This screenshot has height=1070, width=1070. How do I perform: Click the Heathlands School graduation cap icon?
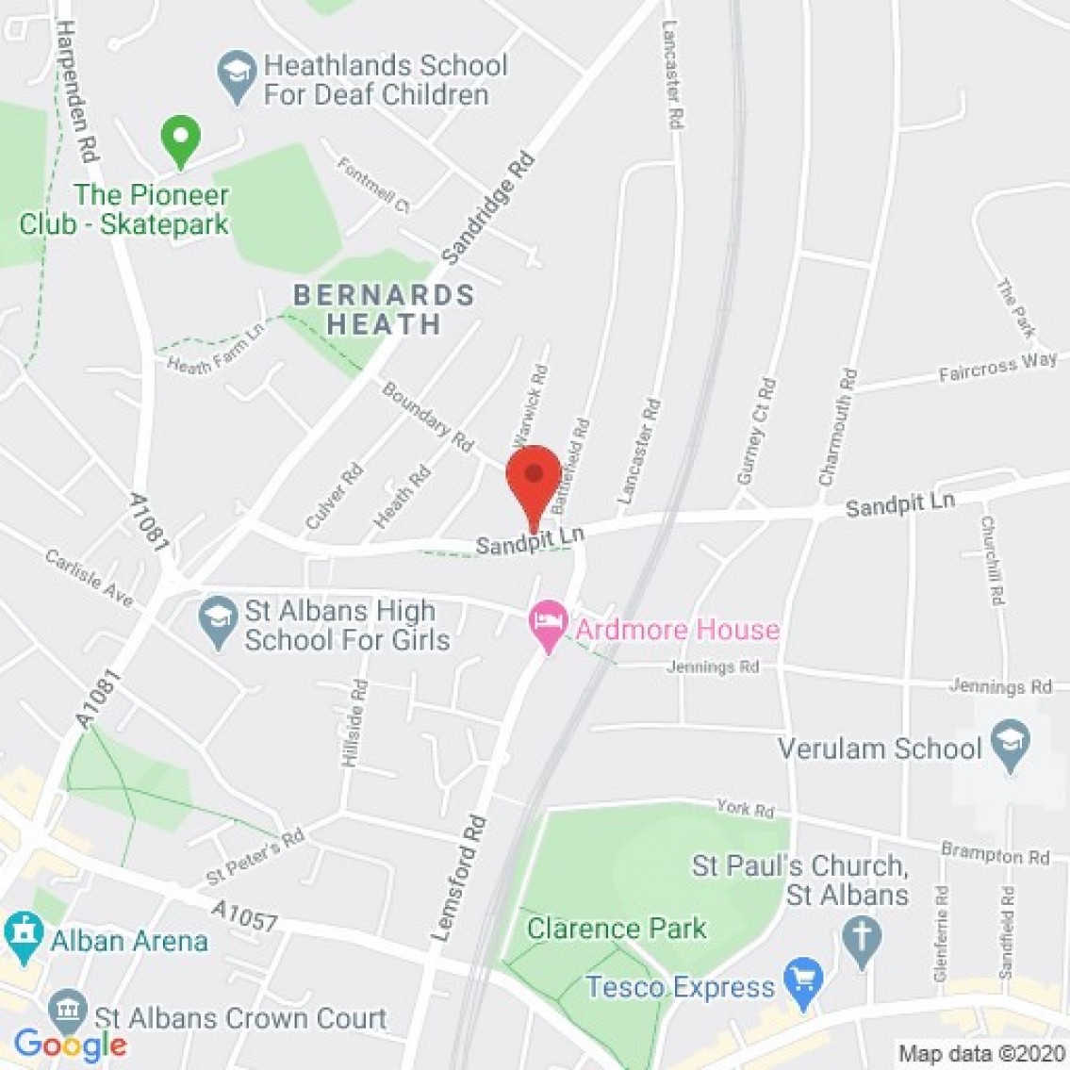237,77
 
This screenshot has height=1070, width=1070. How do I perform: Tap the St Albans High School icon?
218,623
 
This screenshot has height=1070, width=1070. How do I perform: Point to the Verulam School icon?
1012,746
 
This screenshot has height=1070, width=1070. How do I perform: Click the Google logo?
71,1044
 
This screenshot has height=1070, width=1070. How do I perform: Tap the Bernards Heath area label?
384,309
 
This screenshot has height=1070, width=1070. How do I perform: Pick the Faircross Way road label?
997,368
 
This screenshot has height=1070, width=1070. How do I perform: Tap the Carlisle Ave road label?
90,577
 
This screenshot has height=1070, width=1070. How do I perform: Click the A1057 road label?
244,914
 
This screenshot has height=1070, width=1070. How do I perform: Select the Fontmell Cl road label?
374,185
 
